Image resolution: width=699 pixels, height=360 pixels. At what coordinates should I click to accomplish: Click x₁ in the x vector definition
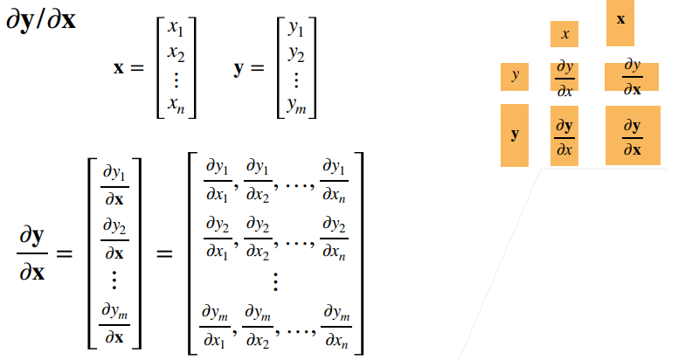[176, 32]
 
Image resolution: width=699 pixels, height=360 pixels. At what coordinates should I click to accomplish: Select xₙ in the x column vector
[176, 107]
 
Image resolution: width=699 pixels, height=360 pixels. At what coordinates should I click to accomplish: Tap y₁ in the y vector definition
[295, 32]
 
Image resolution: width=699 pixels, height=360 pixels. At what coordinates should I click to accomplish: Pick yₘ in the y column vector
[295, 107]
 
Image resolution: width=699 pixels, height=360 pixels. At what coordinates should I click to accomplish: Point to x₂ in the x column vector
[176, 55]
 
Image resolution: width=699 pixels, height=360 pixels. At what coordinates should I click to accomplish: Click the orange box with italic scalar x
[564, 34]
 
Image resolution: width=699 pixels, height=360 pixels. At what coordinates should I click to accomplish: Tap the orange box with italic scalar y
[515, 76]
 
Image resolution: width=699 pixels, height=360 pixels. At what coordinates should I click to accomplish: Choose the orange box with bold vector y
[514, 135]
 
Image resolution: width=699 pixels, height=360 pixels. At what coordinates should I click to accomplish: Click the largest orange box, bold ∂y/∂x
[632, 135]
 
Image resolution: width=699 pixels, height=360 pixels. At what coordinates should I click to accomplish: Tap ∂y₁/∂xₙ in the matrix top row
[334, 178]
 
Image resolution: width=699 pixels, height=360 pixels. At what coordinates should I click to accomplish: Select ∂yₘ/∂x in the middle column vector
[114, 324]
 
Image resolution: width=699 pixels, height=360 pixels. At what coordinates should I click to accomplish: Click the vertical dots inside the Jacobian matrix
[275, 281]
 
